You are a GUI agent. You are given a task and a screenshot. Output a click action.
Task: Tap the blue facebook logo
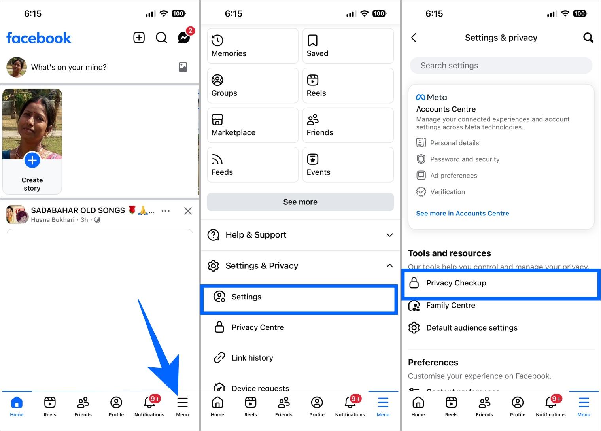point(39,38)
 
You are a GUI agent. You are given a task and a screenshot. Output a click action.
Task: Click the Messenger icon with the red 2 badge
point(184,38)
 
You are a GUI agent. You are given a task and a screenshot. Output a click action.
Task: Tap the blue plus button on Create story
point(32,161)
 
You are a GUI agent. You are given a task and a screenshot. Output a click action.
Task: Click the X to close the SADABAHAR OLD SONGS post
point(188,211)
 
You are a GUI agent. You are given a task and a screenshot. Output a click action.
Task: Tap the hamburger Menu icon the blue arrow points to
point(182,403)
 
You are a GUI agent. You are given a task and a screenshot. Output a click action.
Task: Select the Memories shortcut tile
point(252,46)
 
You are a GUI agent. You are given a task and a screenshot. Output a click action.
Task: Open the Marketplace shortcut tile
point(252,125)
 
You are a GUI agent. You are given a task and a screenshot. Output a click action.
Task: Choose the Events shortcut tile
point(348,164)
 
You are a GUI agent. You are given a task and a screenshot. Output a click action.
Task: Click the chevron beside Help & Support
point(389,235)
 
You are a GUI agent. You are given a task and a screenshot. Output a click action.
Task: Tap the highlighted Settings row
point(299,297)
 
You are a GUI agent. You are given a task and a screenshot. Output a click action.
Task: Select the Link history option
point(252,358)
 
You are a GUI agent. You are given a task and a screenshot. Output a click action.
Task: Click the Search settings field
point(501,66)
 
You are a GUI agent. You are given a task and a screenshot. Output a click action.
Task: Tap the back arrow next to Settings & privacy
point(414,38)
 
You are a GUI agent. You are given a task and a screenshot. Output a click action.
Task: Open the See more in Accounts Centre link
point(462,214)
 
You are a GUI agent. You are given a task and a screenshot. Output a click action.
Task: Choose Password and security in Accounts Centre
point(465,159)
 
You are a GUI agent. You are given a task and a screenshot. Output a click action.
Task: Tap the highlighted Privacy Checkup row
point(501,283)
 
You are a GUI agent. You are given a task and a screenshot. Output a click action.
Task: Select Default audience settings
point(471,328)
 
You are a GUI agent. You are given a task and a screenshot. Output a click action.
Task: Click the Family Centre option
point(450,305)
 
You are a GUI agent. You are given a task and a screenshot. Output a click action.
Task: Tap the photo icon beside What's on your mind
point(183,67)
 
